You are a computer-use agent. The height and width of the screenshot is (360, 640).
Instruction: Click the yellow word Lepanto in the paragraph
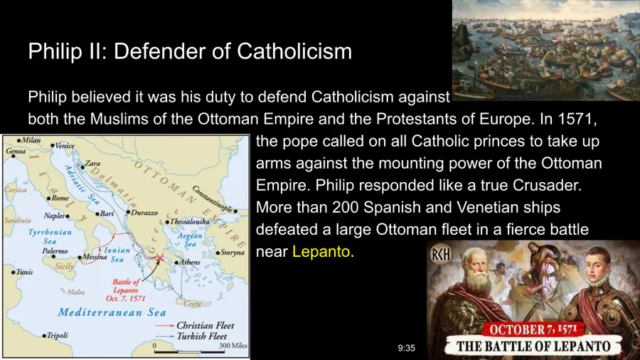(321, 252)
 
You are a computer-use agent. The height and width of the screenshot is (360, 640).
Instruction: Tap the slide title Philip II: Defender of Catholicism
(190, 51)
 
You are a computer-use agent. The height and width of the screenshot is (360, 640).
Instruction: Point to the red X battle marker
(159, 257)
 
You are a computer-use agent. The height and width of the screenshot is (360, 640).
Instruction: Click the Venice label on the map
(65, 146)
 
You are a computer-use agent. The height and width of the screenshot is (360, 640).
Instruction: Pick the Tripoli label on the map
(57, 336)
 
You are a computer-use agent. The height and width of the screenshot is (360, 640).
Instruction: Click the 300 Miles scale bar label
(233, 346)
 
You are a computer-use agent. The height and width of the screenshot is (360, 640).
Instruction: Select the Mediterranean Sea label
(112, 312)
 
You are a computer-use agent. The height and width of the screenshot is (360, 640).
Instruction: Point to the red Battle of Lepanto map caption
(126, 290)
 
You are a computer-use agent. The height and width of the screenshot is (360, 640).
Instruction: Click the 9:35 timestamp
(407, 348)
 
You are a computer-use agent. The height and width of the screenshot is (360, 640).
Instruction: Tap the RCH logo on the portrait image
(441, 255)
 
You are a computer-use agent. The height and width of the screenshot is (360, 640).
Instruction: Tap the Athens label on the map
(190, 262)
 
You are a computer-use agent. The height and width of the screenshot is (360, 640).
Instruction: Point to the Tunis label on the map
(24, 272)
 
